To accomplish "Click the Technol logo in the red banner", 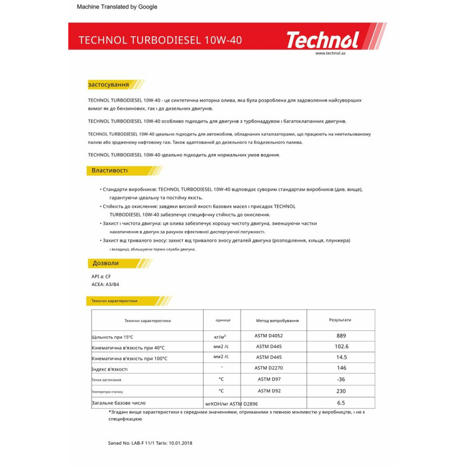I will (x=322, y=40).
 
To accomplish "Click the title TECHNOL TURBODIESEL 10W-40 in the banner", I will (x=160, y=40).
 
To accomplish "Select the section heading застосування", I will (x=108, y=85).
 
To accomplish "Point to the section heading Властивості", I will (x=109, y=170).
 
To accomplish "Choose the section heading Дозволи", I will (x=105, y=263).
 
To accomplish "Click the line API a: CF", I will (x=101, y=276).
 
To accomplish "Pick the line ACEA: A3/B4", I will (x=105, y=284).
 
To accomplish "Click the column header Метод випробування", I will (x=277, y=320).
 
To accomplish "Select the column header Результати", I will (x=340, y=320).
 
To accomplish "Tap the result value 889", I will (x=341, y=336).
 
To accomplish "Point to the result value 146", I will (x=341, y=368).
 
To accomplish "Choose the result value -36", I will (x=341, y=379).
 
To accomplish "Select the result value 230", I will (x=341, y=391).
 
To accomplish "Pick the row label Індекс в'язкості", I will (x=110, y=369).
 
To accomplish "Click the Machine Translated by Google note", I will (x=117, y=7).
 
